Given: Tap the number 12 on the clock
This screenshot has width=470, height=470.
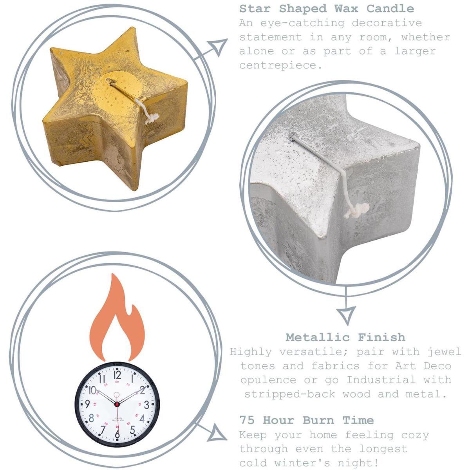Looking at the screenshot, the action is click(x=117, y=375).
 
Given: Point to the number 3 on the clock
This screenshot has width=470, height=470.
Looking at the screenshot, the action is click(x=146, y=405).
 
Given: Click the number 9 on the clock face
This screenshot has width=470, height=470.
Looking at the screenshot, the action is click(x=88, y=404).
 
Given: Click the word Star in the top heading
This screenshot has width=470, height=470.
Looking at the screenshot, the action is click(x=255, y=9).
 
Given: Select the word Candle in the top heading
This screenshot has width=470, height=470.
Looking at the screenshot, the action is click(x=390, y=9).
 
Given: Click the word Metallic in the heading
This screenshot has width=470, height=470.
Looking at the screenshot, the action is click(x=318, y=337).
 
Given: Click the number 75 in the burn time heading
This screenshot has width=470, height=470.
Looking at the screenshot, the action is click(x=247, y=420).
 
